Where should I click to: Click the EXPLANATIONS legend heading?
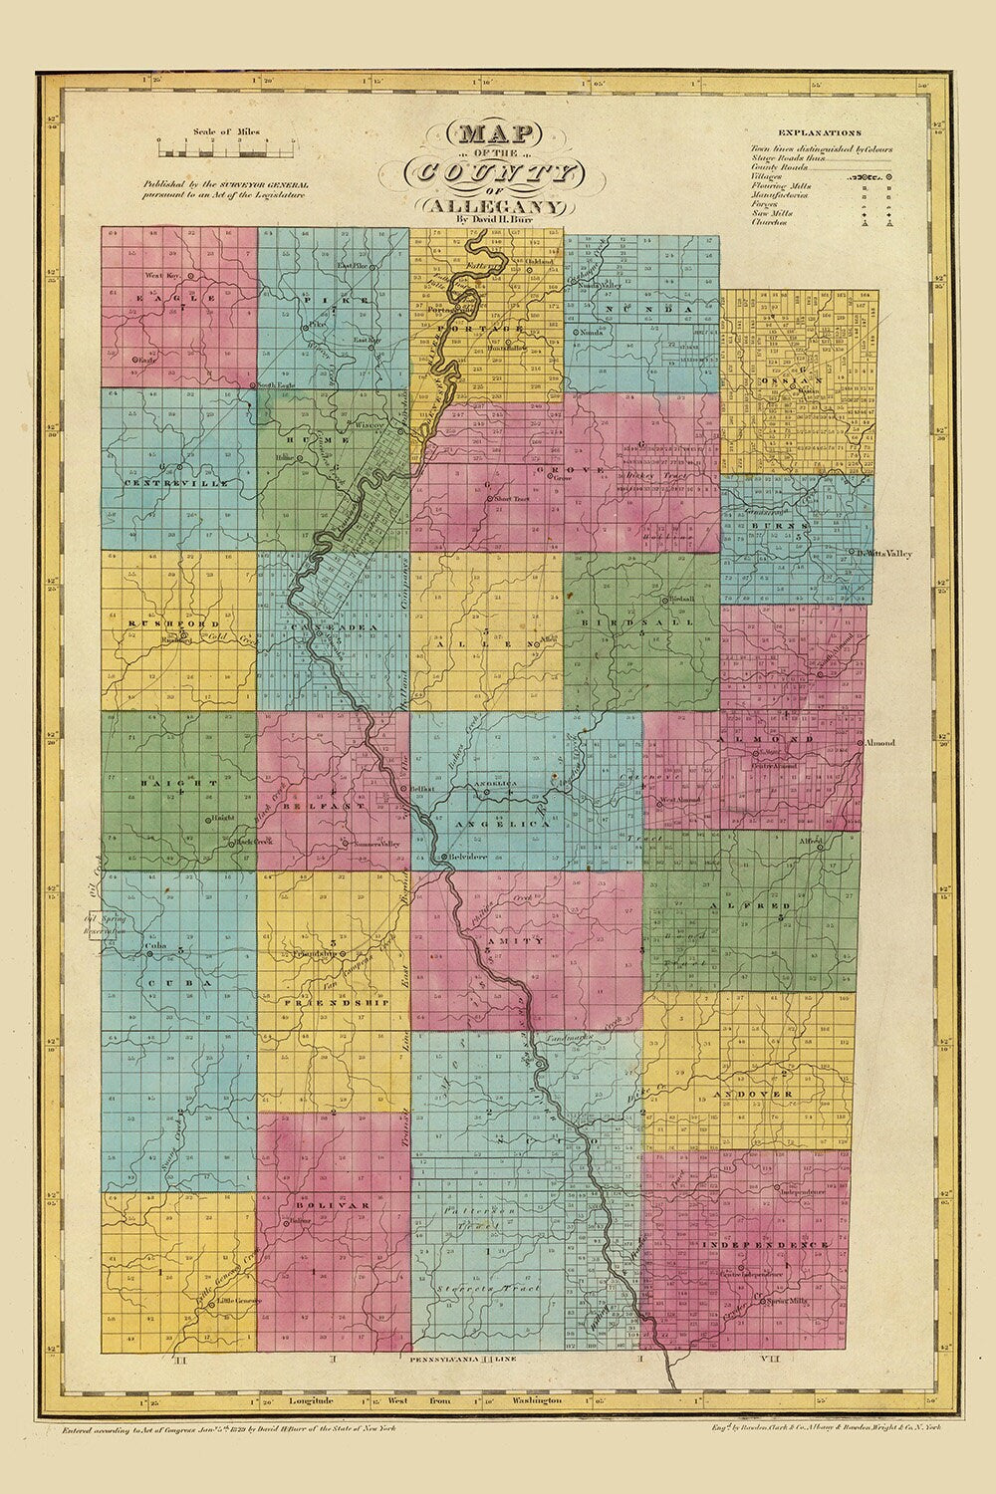point(820,131)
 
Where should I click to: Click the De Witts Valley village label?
point(883,553)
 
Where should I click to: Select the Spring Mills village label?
point(787,1301)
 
